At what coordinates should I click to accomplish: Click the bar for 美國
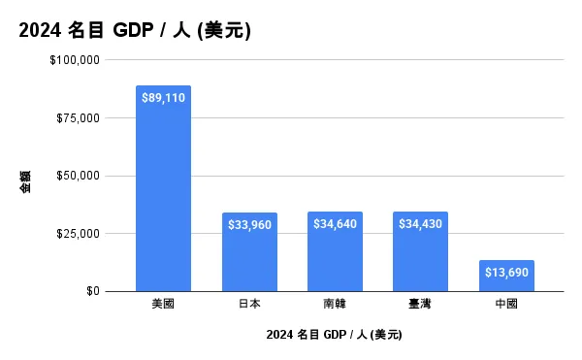163,194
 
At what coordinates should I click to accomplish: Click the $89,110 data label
163,98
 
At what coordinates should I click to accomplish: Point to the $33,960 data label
249,225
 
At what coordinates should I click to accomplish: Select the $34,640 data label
335,224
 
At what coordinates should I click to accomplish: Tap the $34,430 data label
420,224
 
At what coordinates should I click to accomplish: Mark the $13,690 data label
506,273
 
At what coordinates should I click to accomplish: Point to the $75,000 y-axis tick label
77,118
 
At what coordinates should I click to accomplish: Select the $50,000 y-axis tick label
77,176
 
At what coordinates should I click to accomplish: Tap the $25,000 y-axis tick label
77,234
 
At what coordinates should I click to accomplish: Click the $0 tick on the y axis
90,291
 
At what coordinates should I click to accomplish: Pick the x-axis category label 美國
163,304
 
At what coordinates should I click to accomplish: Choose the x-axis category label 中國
506,304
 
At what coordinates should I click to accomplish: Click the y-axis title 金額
25,181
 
